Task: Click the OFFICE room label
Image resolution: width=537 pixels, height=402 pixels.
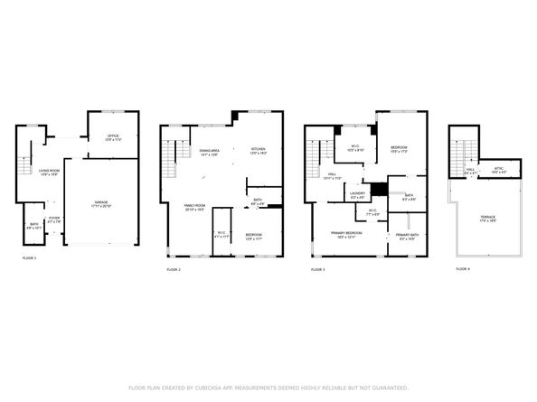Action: click(x=113, y=137)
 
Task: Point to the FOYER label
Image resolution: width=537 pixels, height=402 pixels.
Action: click(x=53, y=218)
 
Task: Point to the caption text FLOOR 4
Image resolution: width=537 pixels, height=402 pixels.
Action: click(x=463, y=269)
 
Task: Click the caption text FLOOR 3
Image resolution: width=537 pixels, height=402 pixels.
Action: click(x=317, y=269)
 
